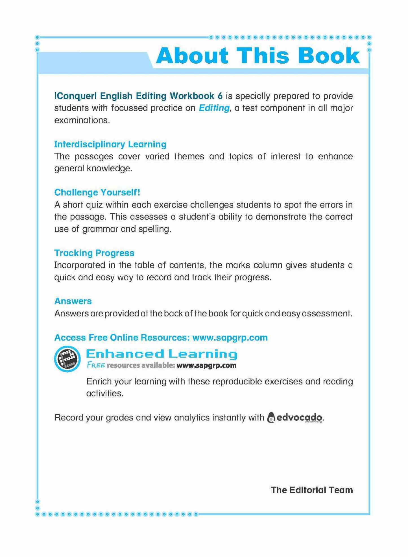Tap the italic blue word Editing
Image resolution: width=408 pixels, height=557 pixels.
pyautogui.click(x=214, y=108)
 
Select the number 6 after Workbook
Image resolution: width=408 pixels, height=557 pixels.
pyautogui.click(x=220, y=96)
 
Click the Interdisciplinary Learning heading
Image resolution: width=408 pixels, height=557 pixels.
pyautogui.click(x=110, y=144)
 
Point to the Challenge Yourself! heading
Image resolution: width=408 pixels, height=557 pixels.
pyautogui.click(x=97, y=193)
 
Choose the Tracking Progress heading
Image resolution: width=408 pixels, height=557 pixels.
pyautogui.click(x=94, y=253)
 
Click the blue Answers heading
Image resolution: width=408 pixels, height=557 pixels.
pyautogui.click(x=73, y=301)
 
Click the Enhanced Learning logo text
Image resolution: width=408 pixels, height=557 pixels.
pyautogui.click(x=161, y=354)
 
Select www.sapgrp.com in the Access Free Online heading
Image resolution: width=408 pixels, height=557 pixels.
pyautogui.click(x=230, y=338)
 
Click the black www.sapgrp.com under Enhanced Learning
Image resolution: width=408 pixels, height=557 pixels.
pyautogui.click(x=206, y=365)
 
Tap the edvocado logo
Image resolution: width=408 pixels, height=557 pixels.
pyautogui.click(x=294, y=418)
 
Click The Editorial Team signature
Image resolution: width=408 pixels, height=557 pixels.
pyautogui.click(x=312, y=490)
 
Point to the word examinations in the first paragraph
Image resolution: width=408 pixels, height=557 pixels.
pyautogui.click(x=82, y=120)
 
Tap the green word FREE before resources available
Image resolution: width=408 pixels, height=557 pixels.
pyautogui.click(x=96, y=365)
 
